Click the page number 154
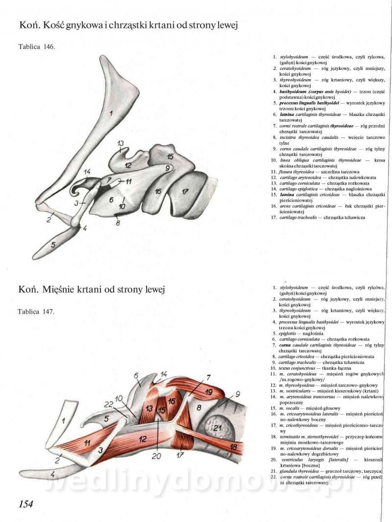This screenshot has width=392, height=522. click(26, 504)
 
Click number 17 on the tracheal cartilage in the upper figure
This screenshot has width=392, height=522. click(184, 191)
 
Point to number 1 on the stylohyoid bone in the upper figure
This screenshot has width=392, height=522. click(111, 113)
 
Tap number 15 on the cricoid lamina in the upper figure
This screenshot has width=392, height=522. click(170, 157)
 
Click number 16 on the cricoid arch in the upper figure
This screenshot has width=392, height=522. click(158, 191)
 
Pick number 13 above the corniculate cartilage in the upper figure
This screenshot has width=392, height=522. click(121, 143)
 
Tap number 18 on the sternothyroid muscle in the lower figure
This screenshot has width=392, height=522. click(235, 448)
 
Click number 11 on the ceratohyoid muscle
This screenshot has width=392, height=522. click(86, 443)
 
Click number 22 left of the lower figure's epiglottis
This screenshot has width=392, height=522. click(108, 404)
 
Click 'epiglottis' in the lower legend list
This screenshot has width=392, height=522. click(287, 332)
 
